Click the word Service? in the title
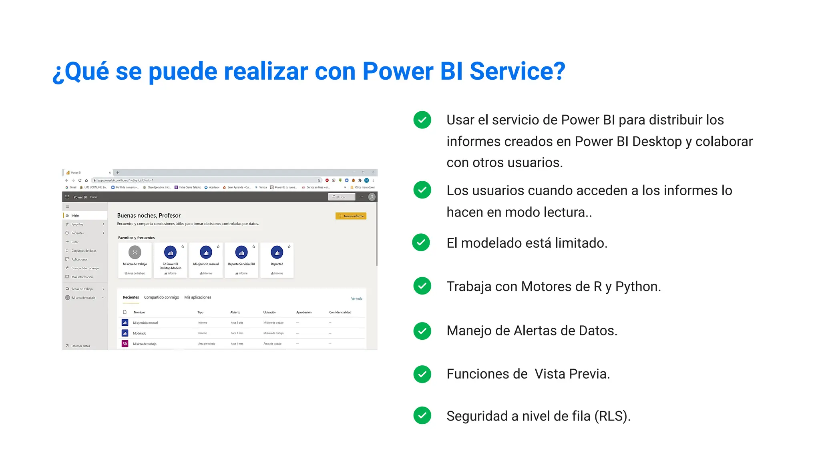point(517,71)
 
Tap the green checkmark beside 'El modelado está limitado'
point(421,243)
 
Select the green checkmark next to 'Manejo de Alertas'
point(422,331)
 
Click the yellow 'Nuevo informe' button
point(351,216)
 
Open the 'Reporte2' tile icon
point(277,253)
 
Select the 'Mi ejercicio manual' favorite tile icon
point(206,253)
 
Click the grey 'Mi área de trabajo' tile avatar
point(135,253)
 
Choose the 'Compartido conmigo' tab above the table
point(161,297)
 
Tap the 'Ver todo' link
point(356,299)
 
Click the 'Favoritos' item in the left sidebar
point(77,224)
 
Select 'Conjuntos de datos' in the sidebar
point(84,251)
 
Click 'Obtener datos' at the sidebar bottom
point(80,346)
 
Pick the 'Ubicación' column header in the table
point(269,312)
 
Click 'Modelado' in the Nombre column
point(140,333)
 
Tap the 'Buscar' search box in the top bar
point(342,197)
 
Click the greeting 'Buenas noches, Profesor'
point(149,215)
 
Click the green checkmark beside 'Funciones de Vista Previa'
point(422,374)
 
